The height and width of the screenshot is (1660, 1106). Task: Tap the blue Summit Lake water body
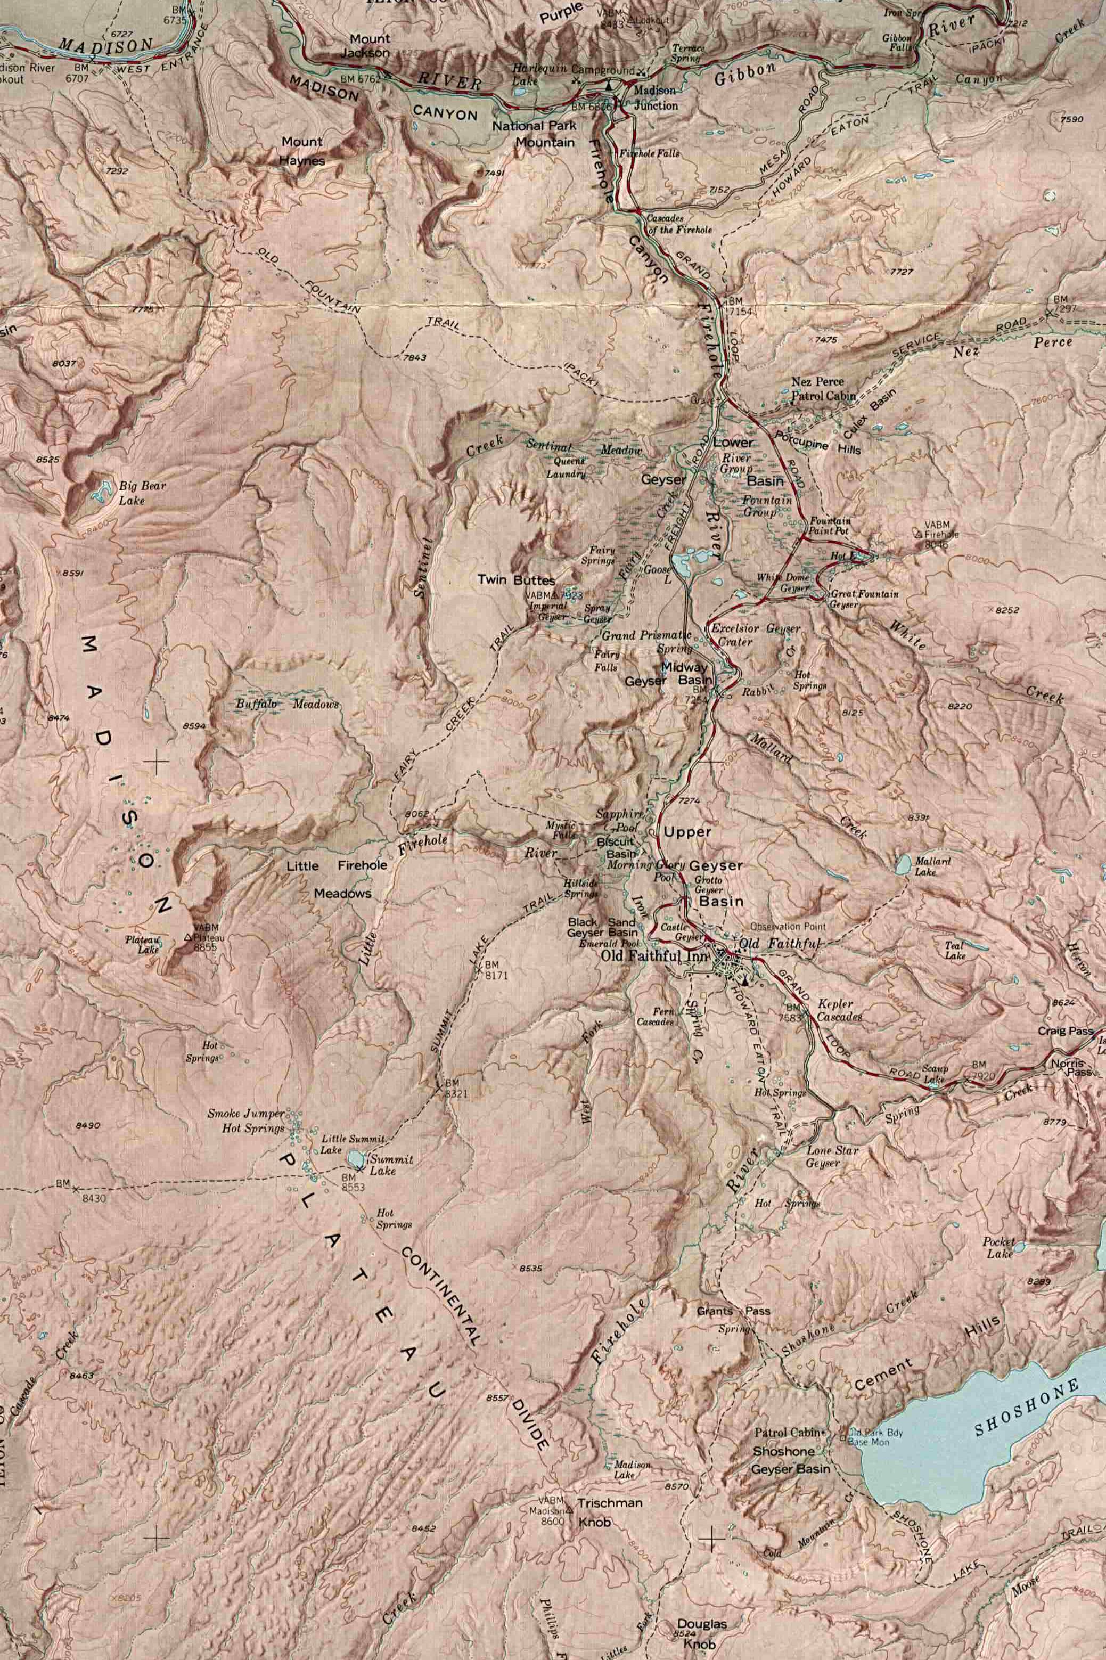pyautogui.click(x=356, y=1158)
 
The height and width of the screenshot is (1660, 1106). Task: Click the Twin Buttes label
pyautogui.click(x=515, y=580)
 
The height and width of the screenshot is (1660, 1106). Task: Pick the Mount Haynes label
pyautogui.click(x=302, y=151)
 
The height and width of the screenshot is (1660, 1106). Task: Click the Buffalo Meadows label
pyautogui.click(x=286, y=704)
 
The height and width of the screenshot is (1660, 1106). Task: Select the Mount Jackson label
pyautogui.click(x=365, y=45)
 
